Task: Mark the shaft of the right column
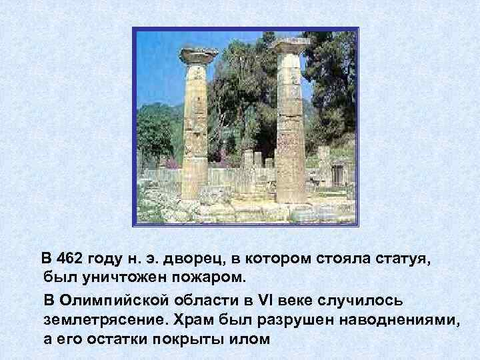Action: click(x=291, y=127)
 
